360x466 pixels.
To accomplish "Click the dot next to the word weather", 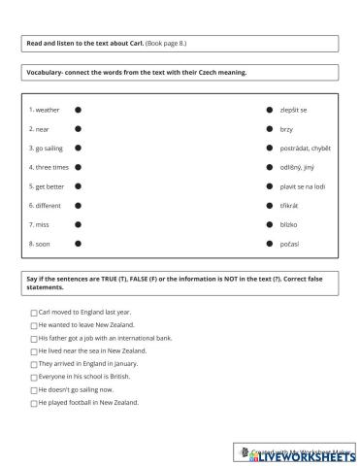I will pos(78,110).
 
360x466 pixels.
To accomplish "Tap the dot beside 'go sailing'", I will pos(78,148).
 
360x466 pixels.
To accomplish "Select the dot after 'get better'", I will pos(78,186).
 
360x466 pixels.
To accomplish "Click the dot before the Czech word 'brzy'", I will pos(269,129).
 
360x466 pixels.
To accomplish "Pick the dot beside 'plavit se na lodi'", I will pos(269,186).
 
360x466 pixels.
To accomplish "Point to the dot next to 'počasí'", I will pos(269,244).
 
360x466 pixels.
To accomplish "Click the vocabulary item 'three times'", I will pos(49,167).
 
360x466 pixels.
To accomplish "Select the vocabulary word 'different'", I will pos(46,206).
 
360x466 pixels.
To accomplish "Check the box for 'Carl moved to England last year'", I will pos(33,314).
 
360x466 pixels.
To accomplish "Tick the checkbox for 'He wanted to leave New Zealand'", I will pos(33,326).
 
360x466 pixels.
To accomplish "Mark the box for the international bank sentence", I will pos(33,339).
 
